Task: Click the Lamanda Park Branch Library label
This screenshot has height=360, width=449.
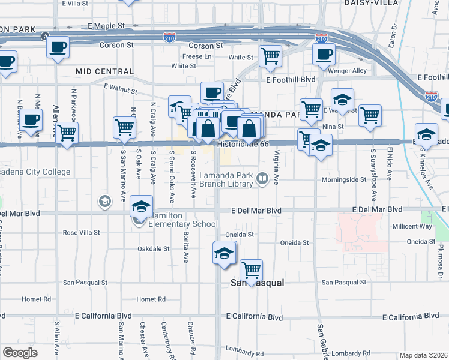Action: tap(226, 179)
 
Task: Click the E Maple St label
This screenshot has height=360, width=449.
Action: tap(106, 26)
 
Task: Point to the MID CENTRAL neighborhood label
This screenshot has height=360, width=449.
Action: tap(104, 71)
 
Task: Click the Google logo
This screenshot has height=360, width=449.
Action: tap(20, 353)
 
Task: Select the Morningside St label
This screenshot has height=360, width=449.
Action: tap(343, 179)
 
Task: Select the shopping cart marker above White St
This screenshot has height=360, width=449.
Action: tap(270, 56)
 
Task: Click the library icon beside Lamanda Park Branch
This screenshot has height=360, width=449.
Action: tap(262, 178)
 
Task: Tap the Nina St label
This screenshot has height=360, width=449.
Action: tap(333, 127)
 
